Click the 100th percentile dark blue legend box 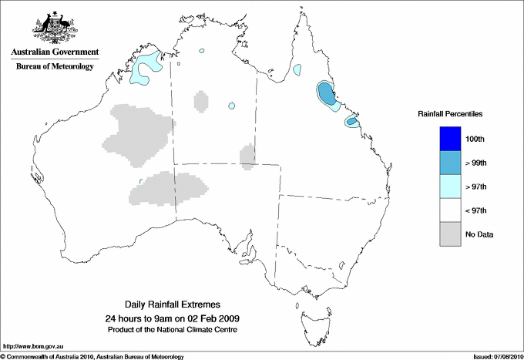[x=450, y=139]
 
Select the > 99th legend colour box [x=450, y=163]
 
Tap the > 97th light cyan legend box [x=450, y=187]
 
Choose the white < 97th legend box [x=450, y=210]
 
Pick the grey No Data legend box [x=450, y=234]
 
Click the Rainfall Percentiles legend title [x=450, y=113]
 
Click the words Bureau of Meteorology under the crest [x=55, y=67]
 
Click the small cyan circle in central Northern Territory [x=230, y=106]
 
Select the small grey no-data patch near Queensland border [x=247, y=156]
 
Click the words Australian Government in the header [x=55, y=52]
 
